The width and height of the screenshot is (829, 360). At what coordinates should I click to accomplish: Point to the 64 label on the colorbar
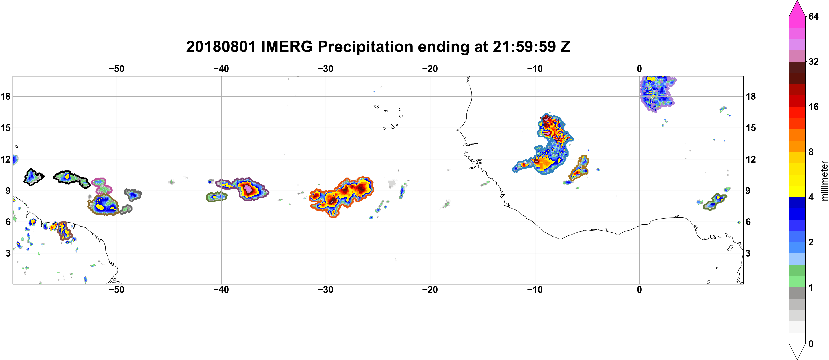pyautogui.click(x=813, y=16)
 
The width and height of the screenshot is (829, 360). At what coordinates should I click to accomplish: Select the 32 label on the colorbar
pyautogui.click(x=813, y=61)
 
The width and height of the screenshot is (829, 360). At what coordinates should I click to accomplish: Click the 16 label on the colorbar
pyautogui.click(x=813, y=107)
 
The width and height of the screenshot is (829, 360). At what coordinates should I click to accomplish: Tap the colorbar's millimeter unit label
pyautogui.click(x=824, y=181)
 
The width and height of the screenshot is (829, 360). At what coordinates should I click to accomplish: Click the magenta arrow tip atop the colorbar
pyautogui.click(x=797, y=1)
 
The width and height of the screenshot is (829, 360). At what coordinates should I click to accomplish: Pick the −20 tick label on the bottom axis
pyautogui.click(x=430, y=289)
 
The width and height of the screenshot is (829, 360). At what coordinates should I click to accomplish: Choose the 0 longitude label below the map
pyautogui.click(x=639, y=289)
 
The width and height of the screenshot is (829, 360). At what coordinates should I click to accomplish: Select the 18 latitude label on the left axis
pyautogui.click(x=5, y=96)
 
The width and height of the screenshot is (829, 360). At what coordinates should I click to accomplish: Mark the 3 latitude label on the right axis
pyautogui.click(x=748, y=253)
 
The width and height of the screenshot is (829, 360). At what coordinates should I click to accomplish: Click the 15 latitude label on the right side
pyautogui.click(x=751, y=128)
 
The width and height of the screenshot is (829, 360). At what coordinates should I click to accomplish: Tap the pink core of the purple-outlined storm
pyautogui.click(x=248, y=188)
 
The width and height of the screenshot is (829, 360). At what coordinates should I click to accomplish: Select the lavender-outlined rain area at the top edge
pyautogui.click(x=657, y=93)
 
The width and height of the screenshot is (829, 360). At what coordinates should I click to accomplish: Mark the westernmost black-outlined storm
pyautogui.click(x=33, y=177)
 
